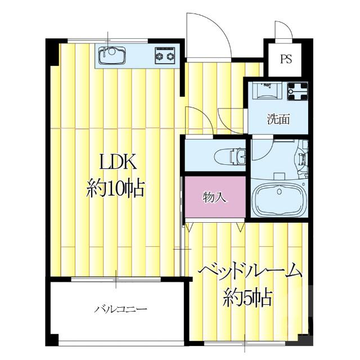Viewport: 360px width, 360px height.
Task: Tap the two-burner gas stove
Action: [165, 56]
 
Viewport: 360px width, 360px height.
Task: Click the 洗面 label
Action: [278, 119]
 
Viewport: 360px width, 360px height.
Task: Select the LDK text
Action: [118, 163]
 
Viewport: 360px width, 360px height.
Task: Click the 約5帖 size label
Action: [247, 296]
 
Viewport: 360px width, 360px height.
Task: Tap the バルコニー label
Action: [120, 309]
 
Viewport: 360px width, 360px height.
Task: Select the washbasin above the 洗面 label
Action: [267, 90]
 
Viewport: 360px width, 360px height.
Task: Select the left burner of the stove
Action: [160, 56]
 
